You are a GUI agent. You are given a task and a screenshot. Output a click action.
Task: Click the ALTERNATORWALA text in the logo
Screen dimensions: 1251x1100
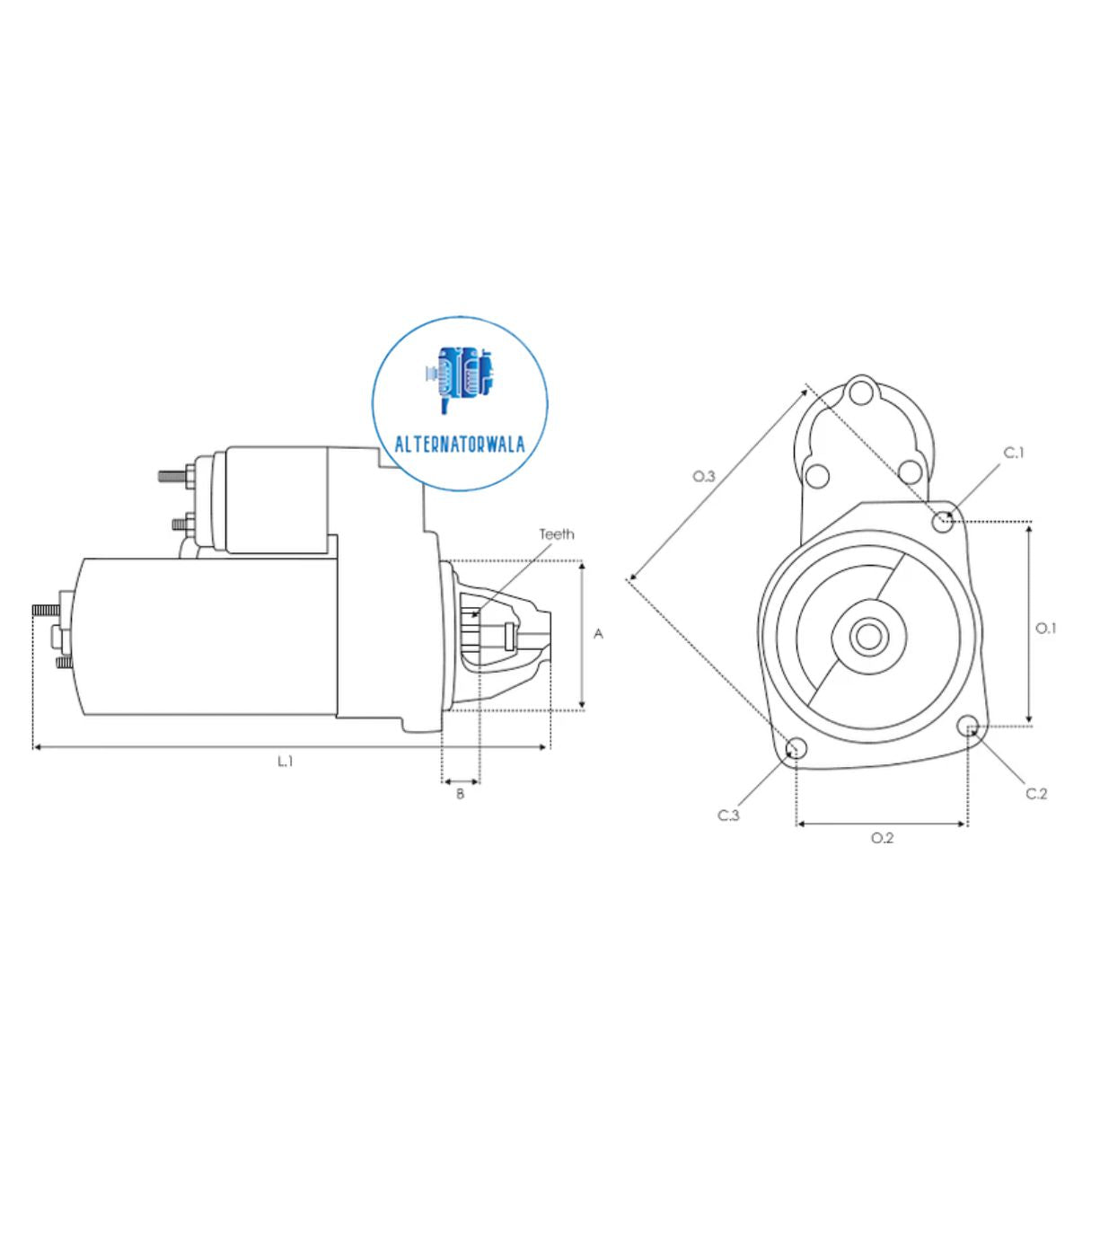coord(460,444)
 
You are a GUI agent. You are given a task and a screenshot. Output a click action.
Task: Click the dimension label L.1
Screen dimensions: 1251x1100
coord(286,762)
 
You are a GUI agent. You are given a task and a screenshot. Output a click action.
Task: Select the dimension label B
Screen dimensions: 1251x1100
coord(461,794)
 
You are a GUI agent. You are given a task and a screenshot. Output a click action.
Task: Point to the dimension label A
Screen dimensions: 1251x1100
coord(599,634)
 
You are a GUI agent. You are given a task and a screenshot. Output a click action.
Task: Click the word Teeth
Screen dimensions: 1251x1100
coord(557,534)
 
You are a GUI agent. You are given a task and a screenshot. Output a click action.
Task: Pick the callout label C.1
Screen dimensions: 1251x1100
coord(1014,453)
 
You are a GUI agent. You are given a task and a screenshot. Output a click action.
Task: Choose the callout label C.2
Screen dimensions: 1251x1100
coord(1036,794)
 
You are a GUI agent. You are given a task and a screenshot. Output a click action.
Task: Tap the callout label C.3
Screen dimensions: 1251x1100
coord(728,815)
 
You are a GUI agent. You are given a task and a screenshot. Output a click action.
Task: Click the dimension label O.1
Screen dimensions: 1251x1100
coord(1046,628)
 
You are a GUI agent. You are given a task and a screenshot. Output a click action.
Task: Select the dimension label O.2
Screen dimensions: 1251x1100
coord(883,838)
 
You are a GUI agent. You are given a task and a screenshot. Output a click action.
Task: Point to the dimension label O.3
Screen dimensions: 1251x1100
coord(704,476)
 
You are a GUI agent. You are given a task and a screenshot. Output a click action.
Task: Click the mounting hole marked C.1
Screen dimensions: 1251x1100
coord(943,520)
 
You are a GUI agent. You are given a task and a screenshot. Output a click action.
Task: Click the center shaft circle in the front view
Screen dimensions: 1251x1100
coord(868,637)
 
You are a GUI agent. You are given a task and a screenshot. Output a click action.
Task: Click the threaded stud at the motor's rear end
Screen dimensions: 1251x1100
coord(44,610)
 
